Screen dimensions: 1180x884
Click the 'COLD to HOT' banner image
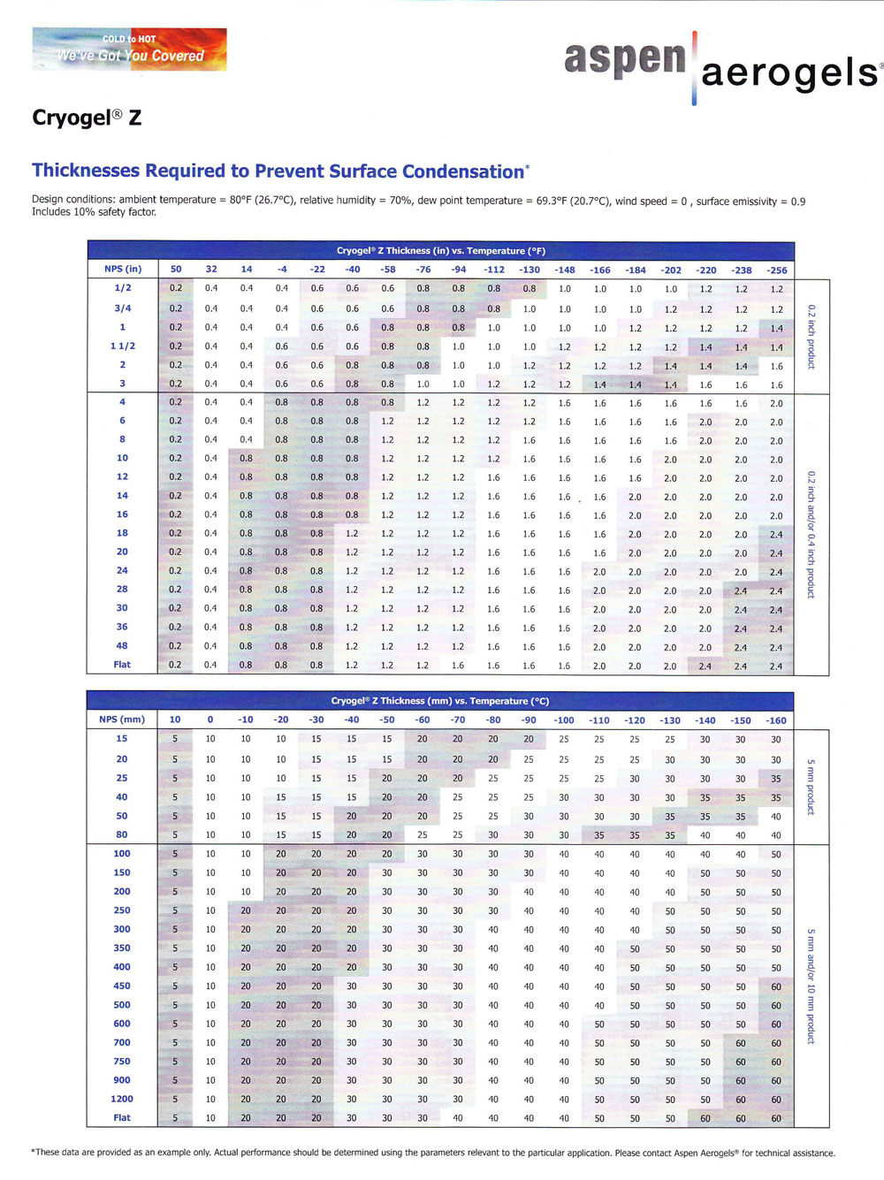[129, 49]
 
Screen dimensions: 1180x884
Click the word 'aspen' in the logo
[625, 58]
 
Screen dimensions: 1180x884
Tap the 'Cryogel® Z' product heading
[87, 118]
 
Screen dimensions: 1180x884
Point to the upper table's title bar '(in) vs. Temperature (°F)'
[440, 250]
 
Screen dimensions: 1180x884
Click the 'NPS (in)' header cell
[123, 269]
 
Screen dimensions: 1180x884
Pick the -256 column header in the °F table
[776, 270]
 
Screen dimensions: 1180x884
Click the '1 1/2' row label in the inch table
[123, 346]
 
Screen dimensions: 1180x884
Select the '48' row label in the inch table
[122, 645]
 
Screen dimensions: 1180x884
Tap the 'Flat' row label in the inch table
[122, 664]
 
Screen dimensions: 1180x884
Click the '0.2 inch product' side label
[812, 337]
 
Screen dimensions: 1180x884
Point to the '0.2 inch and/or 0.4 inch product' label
[812, 535]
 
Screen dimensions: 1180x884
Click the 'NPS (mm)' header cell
[122, 719]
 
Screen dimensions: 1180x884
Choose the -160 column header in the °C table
[776, 720]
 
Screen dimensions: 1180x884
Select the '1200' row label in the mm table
[122, 1099]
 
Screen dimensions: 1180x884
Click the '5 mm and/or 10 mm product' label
[812, 986]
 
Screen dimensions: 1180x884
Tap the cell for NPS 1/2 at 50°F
[176, 288]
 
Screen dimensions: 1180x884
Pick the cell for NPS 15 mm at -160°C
[776, 740]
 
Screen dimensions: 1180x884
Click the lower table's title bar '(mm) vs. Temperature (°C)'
[440, 701]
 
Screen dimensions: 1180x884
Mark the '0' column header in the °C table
[210, 720]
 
